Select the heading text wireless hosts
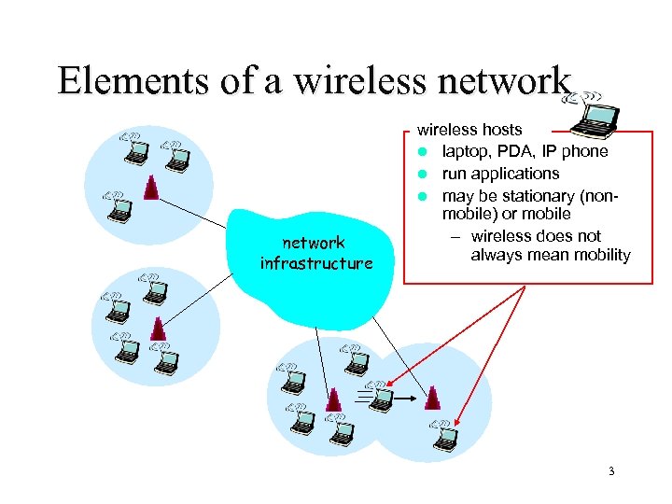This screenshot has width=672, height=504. pyautogui.click(x=469, y=130)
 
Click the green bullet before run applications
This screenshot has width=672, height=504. pyautogui.click(x=422, y=175)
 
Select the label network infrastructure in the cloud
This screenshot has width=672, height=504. pyautogui.click(x=315, y=253)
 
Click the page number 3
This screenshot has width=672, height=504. pyautogui.click(x=611, y=471)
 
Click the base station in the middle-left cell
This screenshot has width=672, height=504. pyautogui.click(x=159, y=328)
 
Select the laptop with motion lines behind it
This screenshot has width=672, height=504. pyautogui.click(x=381, y=399)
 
